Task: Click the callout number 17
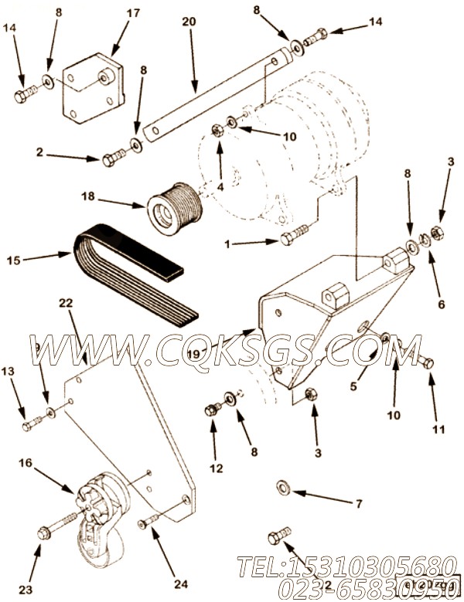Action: pos(134,12)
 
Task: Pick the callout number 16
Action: pos(26,463)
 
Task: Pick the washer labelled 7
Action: pos(282,487)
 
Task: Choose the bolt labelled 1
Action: pos(295,233)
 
